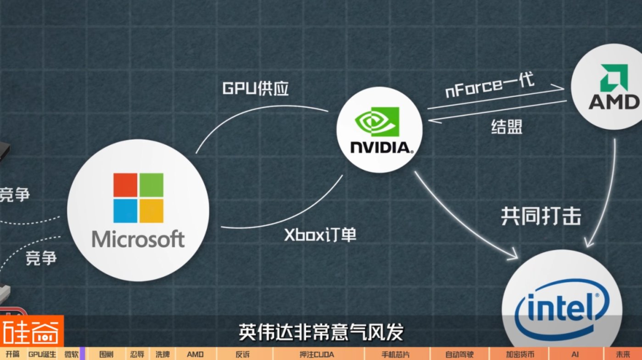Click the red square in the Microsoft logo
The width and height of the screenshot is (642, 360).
125,185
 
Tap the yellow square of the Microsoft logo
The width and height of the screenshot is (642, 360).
151,211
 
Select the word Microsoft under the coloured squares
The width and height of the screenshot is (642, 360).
138,239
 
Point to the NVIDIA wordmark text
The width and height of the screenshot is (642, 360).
379,147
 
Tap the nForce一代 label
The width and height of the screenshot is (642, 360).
490,85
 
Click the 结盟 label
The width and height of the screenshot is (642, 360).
507,127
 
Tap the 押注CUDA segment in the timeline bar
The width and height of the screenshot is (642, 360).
317,354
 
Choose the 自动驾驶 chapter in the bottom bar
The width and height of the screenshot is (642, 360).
459,354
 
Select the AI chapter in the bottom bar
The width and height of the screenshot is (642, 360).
575,354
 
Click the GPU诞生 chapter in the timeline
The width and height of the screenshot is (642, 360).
42,354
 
